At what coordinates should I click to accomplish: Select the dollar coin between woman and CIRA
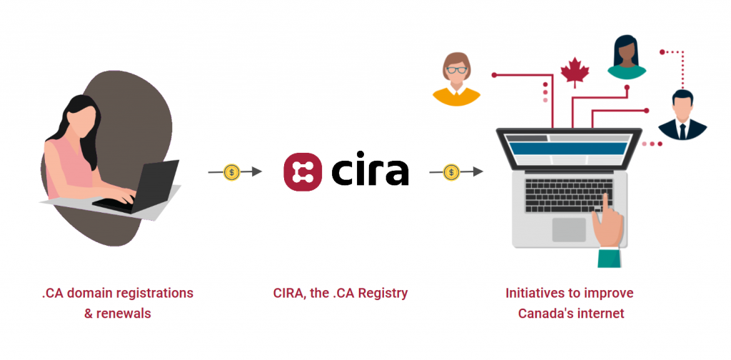tap(232, 172)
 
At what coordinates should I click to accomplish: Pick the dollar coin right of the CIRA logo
tap(451, 172)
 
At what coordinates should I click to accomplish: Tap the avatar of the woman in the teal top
tap(626, 56)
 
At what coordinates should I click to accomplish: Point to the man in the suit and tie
tap(682, 115)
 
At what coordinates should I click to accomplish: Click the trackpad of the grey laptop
tap(568, 229)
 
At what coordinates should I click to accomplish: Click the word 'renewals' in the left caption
tap(125, 313)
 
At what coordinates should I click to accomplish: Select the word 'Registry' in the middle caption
tap(383, 293)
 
